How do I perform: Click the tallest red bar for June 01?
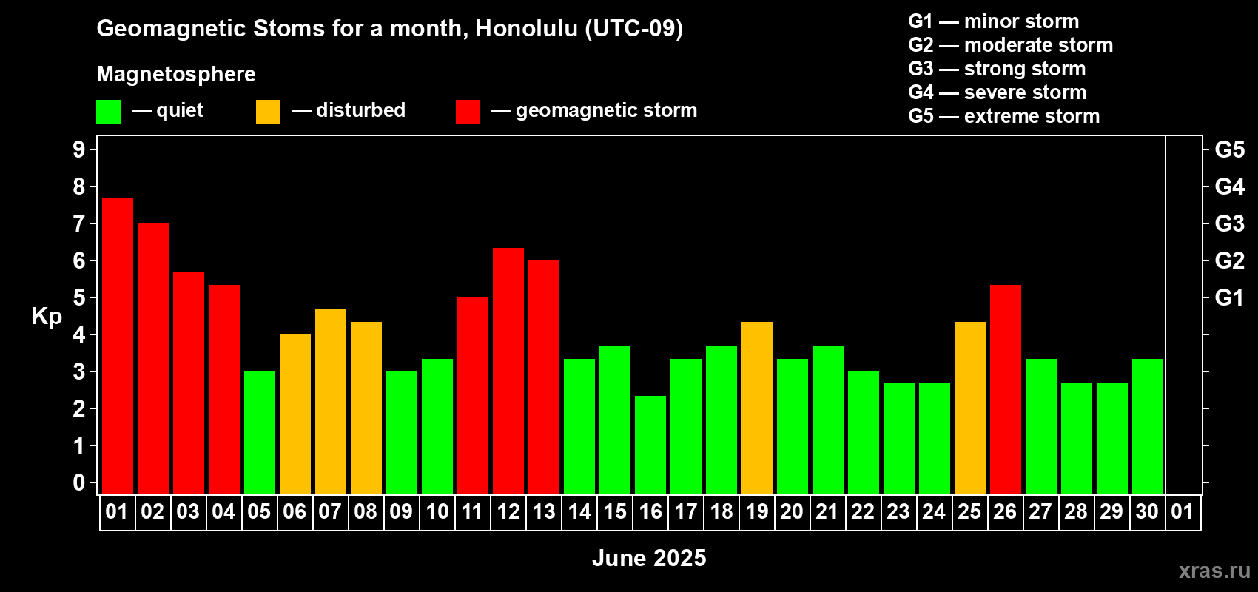(x=118, y=346)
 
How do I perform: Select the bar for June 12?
(x=508, y=371)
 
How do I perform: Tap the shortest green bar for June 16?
(x=650, y=445)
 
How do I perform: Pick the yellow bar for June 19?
(x=757, y=408)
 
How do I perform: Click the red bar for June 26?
(x=1006, y=389)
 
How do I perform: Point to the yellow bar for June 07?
(x=331, y=402)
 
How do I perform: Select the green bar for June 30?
(x=1148, y=426)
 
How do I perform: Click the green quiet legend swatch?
(x=108, y=111)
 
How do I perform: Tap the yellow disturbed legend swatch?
(x=268, y=111)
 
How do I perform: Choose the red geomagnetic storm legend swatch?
(x=468, y=111)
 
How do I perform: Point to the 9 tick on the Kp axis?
(x=78, y=149)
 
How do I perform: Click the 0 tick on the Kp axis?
(x=78, y=482)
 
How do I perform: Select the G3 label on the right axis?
(x=1230, y=223)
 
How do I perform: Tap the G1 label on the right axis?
(x=1230, y=297)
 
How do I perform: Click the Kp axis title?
(x=47, y=317)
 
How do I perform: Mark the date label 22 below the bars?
(x=863, y=511)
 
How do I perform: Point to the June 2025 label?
(x=649, y=558)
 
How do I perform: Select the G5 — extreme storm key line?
(x=1004, y=116)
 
